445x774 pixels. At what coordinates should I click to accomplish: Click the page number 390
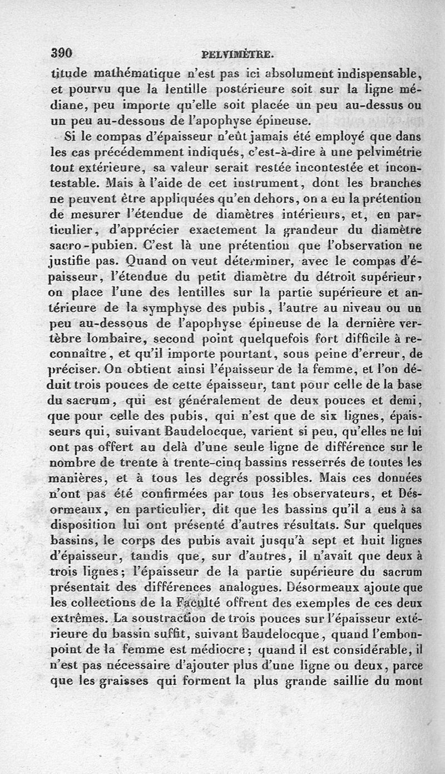(62, 53)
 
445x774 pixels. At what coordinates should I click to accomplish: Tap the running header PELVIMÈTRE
(238, 55)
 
